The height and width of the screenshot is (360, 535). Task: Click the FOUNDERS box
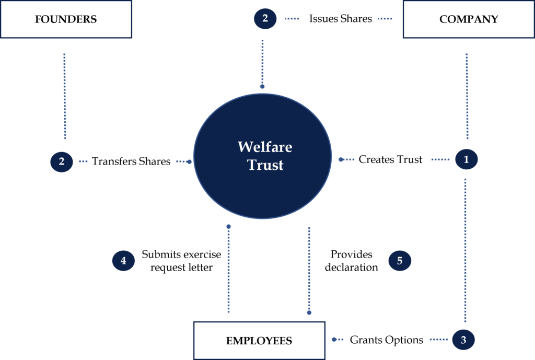click(x=66, y=19)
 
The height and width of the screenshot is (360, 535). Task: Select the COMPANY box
click(x=468, y=19)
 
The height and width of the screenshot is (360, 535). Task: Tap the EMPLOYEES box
click(x=259, y=341)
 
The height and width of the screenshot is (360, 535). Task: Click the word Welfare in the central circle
click(x=265, y=147)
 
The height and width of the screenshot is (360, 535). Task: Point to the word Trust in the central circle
click(x=265, y=165)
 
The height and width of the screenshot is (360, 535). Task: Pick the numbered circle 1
click(x=466, y=159)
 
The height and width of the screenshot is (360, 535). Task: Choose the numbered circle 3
click(x=463, y=340)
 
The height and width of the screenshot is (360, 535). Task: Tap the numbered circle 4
click(x=123, y=260)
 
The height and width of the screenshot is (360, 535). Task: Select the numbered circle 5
click(x=400, y=260)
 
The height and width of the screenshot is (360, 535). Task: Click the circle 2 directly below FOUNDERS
click(x=62, y=161)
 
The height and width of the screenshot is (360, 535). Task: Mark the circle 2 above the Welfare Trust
click(x=265, y=19)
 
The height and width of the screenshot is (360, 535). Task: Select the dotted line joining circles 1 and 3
click(x=465, y=251)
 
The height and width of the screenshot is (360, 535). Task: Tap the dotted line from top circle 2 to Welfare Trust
click(x=262, y=60)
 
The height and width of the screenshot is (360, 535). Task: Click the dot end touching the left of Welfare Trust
click(x=189, y=162)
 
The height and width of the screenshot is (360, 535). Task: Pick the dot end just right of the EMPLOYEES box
click(x=334, y=340)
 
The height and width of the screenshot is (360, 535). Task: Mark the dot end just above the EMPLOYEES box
click(x=309, y=312)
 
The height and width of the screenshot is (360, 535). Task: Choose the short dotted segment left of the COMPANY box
click(x=385, y=19)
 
